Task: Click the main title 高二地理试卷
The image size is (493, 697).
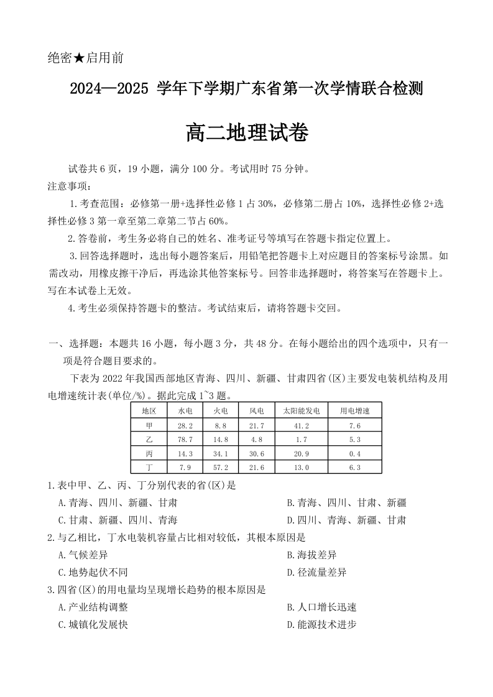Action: [247, 133]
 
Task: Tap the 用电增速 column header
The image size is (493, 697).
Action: [354, 410]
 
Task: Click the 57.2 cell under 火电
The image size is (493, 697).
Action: [221, 467]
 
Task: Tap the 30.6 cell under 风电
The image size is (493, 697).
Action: [257, 453]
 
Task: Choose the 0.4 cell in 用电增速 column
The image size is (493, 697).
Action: [354, 453]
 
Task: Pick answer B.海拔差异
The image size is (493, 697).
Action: [311, 555]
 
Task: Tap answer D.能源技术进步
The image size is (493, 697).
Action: [321, 624]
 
